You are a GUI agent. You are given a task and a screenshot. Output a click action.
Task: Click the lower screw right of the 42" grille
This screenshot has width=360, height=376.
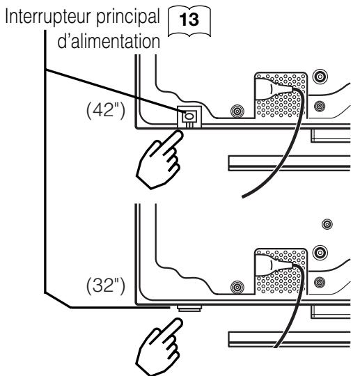[x=320, y=106]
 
